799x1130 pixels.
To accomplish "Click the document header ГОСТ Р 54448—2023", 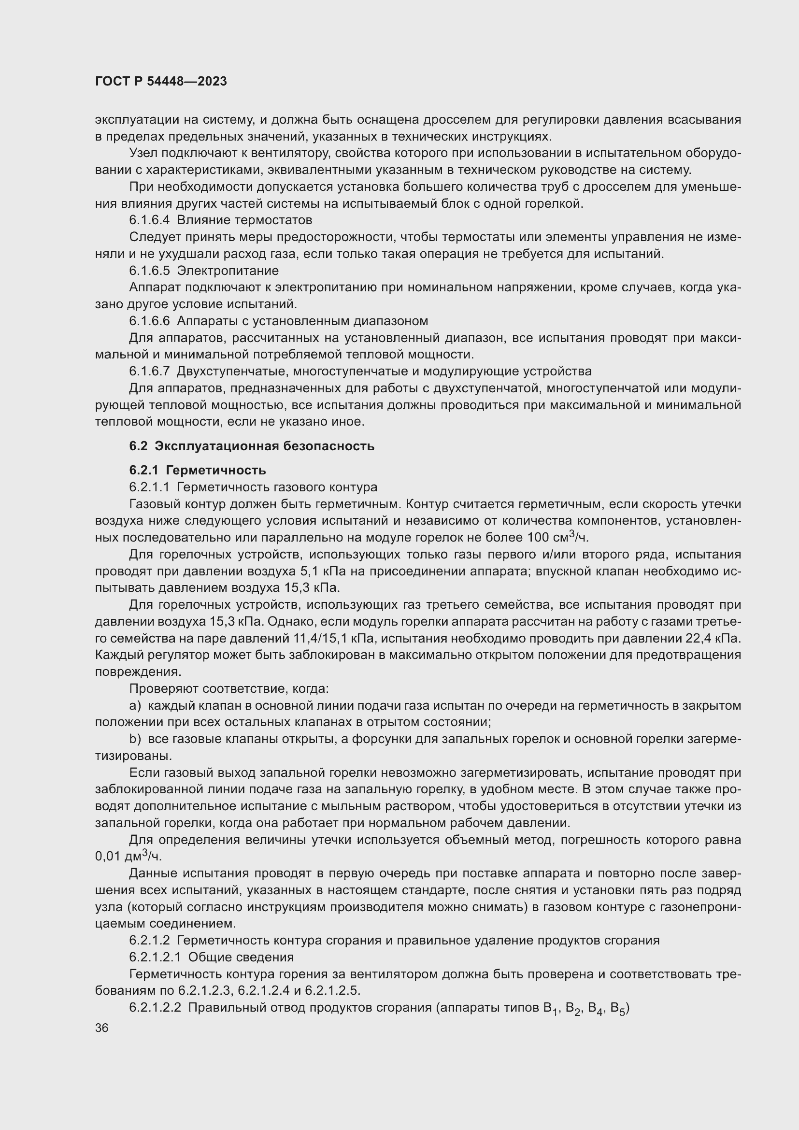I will tap(161, 82).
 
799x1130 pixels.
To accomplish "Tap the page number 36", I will tap(102, 1028).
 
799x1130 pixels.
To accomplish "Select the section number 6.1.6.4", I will tap(150, 220).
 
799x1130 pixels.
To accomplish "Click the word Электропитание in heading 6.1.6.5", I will tap(228, 271).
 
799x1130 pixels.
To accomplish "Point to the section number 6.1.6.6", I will tap(150, 321).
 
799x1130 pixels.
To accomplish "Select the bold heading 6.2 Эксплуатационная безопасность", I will tap(251, 446).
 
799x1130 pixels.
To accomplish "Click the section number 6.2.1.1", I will tap(150, 488).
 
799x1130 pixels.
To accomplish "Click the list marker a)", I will tap(135, 706).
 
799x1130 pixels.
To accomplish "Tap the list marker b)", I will tap(135, 740).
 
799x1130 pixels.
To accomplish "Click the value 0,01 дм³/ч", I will tap(128, 857).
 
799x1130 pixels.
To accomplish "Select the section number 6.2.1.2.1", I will tap(156, 958).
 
